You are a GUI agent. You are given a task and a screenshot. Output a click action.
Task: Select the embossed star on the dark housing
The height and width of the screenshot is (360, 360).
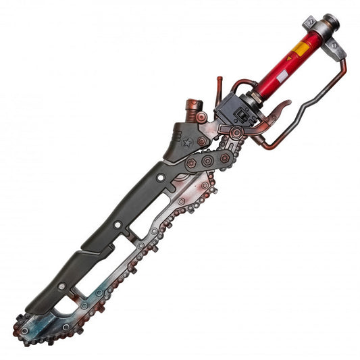[187, 142]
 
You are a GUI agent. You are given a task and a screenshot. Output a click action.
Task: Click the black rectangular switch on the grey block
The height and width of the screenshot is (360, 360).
[240, 107]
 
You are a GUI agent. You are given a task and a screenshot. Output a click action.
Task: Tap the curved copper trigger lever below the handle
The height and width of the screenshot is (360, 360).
[277, 111]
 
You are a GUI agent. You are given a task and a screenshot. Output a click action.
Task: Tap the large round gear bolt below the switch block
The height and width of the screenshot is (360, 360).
[236, 134]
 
